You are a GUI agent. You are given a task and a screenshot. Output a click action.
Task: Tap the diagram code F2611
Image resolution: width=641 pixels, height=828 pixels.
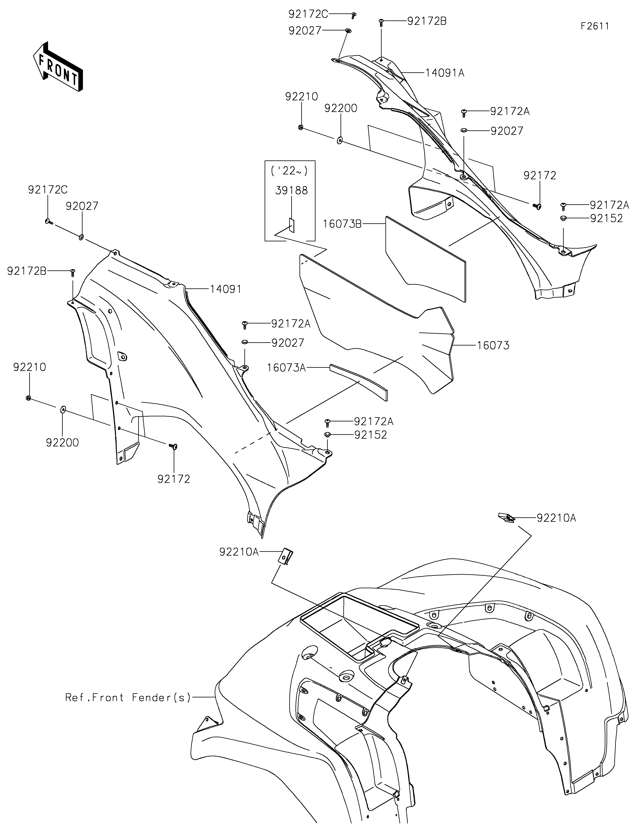[x=595, y=26]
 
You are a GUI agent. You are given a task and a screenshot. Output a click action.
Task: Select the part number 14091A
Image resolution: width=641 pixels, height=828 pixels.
[x=445, y=73]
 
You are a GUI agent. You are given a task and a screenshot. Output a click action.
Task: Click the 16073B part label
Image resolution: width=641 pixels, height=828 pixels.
[x=342, y=224]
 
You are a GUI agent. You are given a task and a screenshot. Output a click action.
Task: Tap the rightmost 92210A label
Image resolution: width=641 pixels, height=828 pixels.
[x=556, y=518]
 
